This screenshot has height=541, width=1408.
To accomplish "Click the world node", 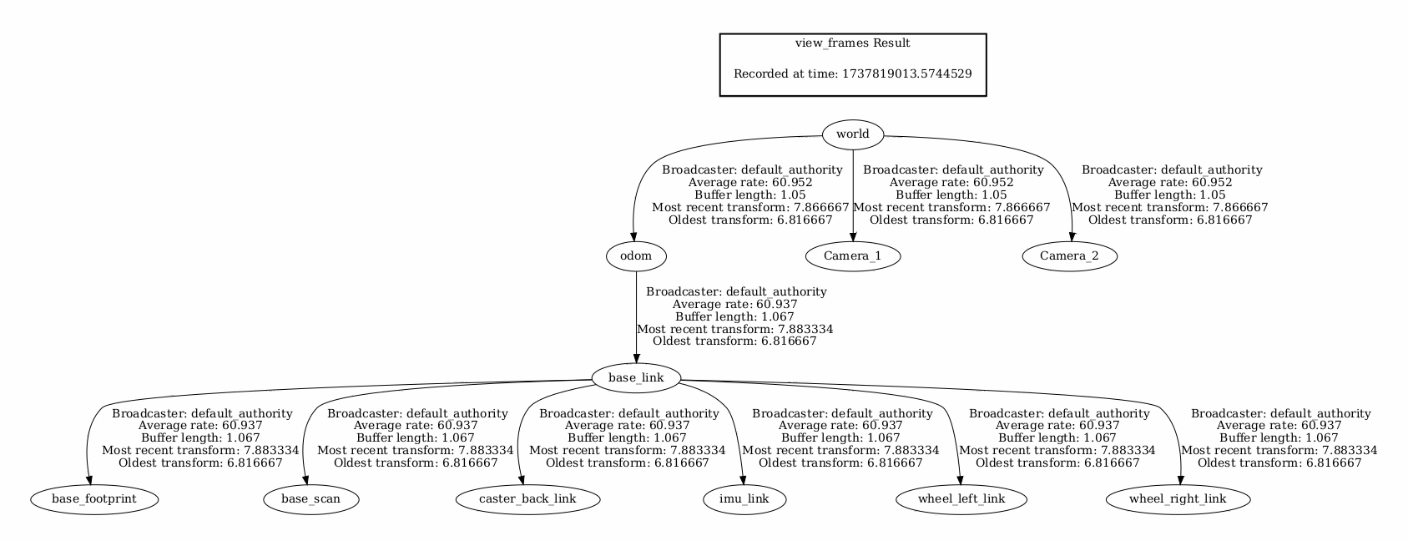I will (852, 134).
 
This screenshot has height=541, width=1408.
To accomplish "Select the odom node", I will (635, 256).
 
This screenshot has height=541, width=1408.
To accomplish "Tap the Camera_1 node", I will (852, 256).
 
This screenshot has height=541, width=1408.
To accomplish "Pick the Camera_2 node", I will (1069, 256).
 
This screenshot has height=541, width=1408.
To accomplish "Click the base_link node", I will (636, 378).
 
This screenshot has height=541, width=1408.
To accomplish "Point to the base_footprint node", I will (93, 500).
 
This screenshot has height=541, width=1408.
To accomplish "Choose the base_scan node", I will (310, 500).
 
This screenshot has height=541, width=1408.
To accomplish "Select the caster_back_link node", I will (527, 500).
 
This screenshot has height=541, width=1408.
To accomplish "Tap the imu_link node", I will (745, 500).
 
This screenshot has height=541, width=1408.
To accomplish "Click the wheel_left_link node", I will (961, 500).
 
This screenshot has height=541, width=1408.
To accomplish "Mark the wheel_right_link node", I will (1178, 500).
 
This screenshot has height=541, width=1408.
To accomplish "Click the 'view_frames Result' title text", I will (852, 43).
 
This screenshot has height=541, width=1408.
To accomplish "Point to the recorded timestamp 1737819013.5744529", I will (905, 73).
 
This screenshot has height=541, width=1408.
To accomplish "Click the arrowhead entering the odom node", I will (634, 236).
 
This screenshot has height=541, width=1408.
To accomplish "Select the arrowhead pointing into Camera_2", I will (1072, 236).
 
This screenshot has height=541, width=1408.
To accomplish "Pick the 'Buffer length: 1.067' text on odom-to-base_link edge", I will (734, 317).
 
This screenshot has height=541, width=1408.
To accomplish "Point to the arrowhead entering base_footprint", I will (88, 480).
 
